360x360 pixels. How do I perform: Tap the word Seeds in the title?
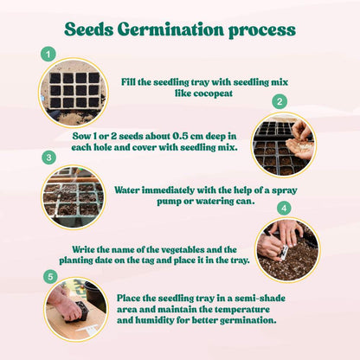tap(89, 29)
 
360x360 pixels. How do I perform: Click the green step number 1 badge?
tap(48, 54)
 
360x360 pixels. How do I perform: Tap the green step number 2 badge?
tap(280, 101)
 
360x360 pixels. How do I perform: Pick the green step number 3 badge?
tap(48, 157)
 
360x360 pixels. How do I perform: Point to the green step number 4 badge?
tap(284, 209)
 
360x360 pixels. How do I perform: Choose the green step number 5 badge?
tap(50, 277)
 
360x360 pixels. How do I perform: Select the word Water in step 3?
tap(127, 190)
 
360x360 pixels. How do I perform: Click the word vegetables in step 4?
tap(183, 249)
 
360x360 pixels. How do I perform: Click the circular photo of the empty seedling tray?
tap(74, 93)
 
